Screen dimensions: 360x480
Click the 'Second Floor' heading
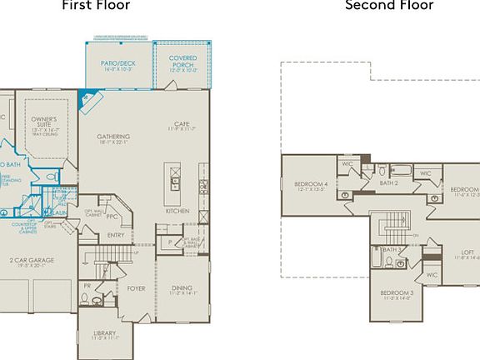pyautogui.click(x=389, y=6)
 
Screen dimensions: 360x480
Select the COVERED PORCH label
pyautogui.click(x=182, y=60)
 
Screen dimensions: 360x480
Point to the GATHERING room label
pyautogui.click(x=112, y=137)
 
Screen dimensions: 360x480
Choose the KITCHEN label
pyautogui.click(x=177, y=211)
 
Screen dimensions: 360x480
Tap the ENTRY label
pyautogui.click(x=116, y=234)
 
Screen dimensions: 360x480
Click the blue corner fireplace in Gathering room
pyautogui.click(x=86, y=101)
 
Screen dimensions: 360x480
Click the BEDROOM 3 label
pyautogui.click(x=397, y=293)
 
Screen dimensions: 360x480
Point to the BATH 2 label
pyautogui.click(x=389, y=182)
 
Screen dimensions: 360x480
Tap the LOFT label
pyautogui.click(x=467, y=252)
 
